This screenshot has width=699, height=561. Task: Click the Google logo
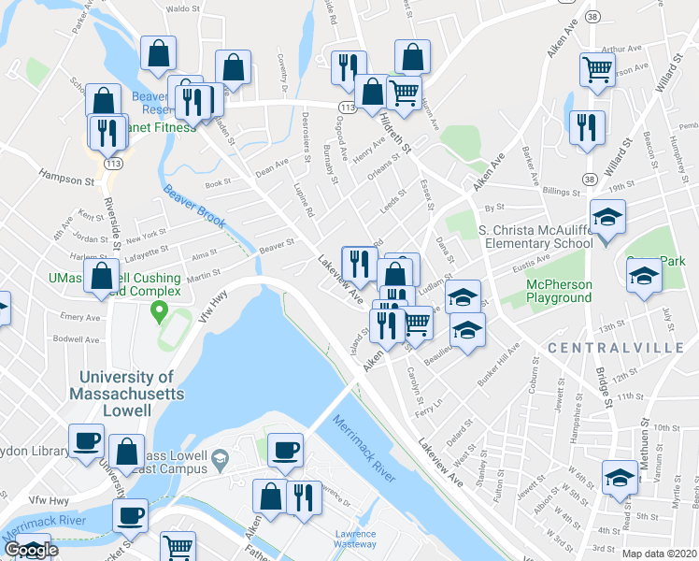click(31, 550)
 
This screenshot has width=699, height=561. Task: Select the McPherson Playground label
click(546, 291)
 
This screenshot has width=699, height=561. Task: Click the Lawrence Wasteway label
click(355, 539)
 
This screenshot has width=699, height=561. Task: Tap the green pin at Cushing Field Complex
click(160, 309)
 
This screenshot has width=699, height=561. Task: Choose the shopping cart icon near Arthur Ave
click(598, 69)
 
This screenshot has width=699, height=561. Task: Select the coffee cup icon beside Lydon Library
click(87, 440)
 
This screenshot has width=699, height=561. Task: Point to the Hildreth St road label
click(395, 130)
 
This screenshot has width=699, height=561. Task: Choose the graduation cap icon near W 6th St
click(620, 477)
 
